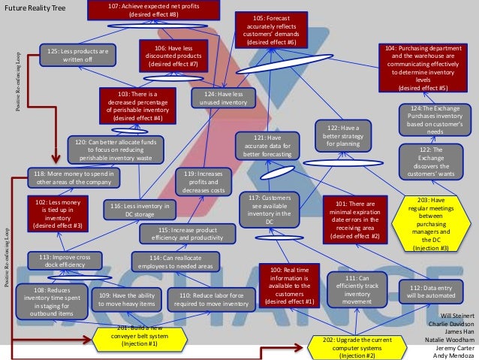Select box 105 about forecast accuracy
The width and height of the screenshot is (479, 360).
(x=271, y=30)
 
